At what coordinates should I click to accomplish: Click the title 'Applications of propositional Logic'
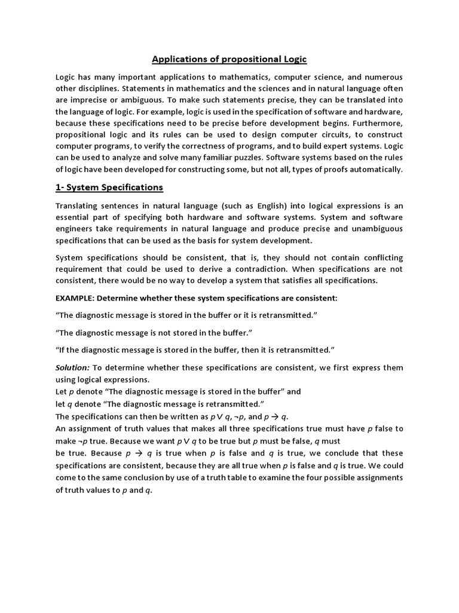coord(229,59)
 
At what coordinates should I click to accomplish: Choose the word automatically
coord(377,169)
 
